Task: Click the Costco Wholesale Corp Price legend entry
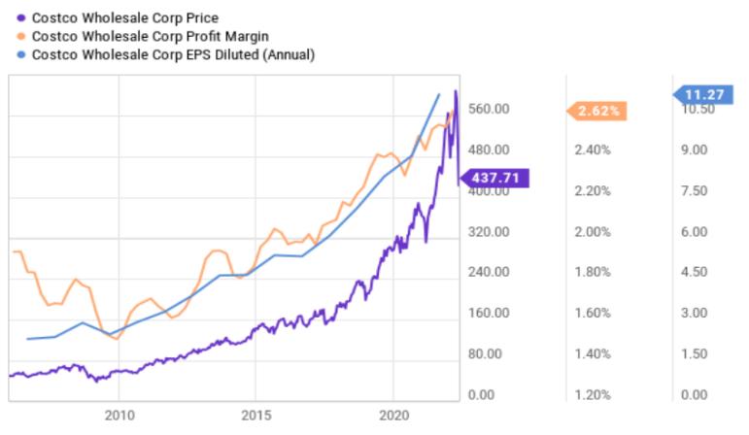[124, 17]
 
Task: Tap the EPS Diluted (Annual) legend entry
[175, 55]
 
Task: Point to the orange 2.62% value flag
[597, 111]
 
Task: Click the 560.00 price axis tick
[489, 109]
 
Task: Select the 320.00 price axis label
[489, 232]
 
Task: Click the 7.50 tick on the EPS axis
[695, 191]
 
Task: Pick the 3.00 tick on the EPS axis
[695, 313]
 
